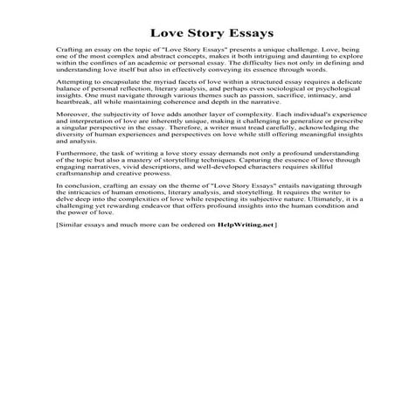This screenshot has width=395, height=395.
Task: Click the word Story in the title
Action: coord(196,37)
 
